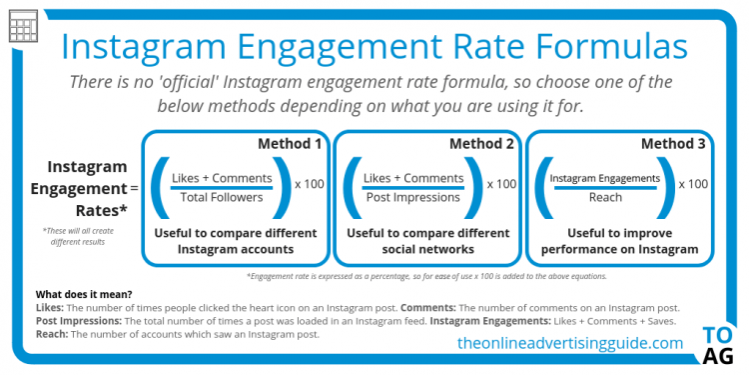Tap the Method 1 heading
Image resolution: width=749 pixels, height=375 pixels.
click(290, 144)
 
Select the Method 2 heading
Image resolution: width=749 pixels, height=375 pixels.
click(481, 144)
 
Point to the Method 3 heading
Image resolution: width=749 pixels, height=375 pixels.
click(673, 144)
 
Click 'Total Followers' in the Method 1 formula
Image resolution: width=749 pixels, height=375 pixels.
click(222, 197)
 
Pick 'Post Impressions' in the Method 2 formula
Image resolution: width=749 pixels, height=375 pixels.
click(413, 197)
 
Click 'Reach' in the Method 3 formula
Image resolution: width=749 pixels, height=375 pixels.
click(605, 197)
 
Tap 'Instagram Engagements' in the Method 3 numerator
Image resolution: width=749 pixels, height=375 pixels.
click(605, 178)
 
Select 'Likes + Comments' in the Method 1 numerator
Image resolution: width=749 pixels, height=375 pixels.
click(222, 178)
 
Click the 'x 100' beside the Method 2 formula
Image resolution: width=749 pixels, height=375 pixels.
click(501, 184)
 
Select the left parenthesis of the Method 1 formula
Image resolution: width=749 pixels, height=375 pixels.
click(160, 186)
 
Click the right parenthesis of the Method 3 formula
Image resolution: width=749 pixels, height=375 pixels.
click(667, 186)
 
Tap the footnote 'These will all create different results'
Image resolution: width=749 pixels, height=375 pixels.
click(80, 237)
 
